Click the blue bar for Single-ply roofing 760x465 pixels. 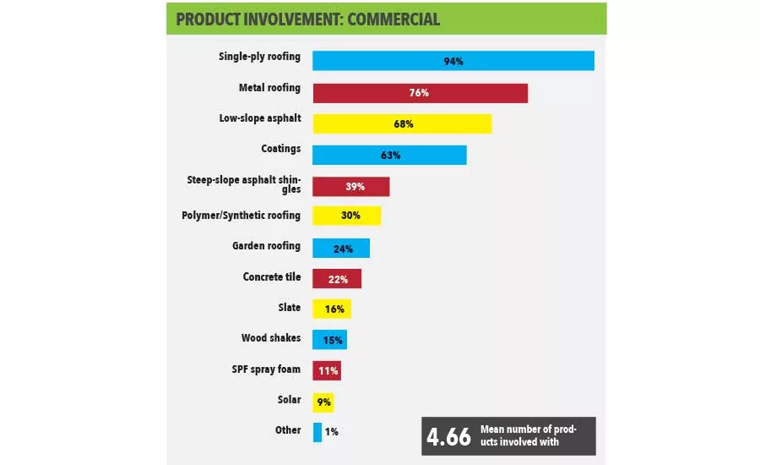coord(453,61)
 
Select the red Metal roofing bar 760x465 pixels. coord(420,93)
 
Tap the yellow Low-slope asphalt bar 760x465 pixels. coord(402,123)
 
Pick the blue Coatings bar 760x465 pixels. coord(389,155)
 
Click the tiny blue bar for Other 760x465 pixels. coord(318,432)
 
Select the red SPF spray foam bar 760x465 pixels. coord(327,370)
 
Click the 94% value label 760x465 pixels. coord(453,62)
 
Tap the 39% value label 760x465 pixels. coord(351,186)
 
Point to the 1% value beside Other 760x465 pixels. coord(332,432)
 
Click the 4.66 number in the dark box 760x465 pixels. coord(448,437)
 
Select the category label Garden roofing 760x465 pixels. coord(266,246)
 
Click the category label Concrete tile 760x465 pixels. coord(271,277)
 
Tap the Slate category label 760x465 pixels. coord(289,308)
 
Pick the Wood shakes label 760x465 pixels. coord(270,338)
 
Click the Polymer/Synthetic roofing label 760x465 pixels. coord(242,216)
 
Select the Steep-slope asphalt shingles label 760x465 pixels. coord(243,184)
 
